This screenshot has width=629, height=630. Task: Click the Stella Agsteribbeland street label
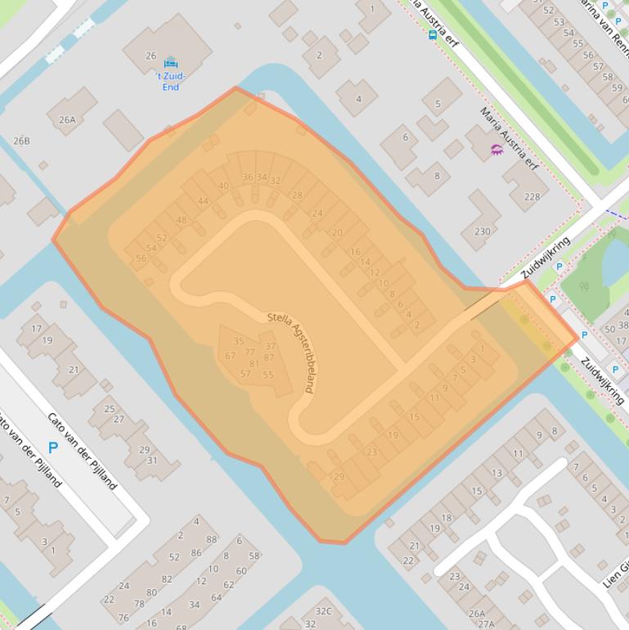coord(290,352)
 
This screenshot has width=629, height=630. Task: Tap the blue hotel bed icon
coord(170,64)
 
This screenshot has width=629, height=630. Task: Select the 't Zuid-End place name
coord(171,81)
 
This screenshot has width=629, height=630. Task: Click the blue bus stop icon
coord(432,34)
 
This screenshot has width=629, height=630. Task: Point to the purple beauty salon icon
coord(496,149)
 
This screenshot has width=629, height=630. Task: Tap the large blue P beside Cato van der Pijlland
coord(53,448)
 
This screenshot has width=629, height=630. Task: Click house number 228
coord(532,196)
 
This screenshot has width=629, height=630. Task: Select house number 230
coord(483,232)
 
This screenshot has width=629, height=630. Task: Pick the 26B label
coord(21,141)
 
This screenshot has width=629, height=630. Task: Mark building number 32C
coord(324,610)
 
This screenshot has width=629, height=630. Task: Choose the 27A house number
coord(487,623)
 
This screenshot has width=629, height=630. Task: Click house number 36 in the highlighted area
coord(247,177)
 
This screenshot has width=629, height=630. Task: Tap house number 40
coord(223,186)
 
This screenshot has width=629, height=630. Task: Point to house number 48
coord(181,220)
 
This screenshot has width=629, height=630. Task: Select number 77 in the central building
coord(249,353)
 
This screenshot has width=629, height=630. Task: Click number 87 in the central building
coord(269,358)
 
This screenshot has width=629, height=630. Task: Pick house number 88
coord(212,539)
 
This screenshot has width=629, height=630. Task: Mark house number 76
coord(124,618)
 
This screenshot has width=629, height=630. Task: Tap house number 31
coord(151,460)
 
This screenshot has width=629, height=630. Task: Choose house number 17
coord(36,329)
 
